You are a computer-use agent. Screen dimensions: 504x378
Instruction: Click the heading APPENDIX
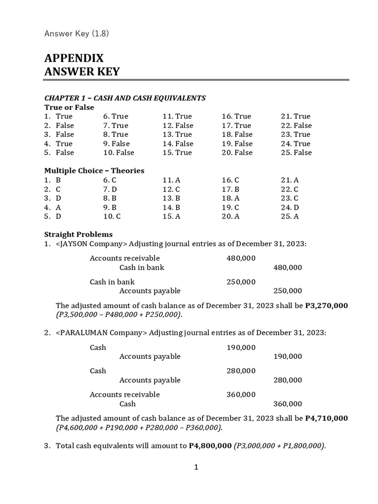(74, 58)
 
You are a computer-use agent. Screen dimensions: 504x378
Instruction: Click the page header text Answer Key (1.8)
(76, 33)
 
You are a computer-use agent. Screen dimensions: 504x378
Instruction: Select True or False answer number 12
(178, 126)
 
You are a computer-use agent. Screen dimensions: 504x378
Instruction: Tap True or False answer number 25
(296, 153)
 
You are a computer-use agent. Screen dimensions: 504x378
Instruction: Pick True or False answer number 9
(116, 144)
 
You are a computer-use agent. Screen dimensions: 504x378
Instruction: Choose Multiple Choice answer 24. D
(290, 207)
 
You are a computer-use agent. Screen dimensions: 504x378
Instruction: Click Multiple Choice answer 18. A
(230, 198)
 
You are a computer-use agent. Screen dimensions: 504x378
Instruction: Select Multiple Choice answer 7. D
(110, 189)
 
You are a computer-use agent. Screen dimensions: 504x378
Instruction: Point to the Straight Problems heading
(78, 234)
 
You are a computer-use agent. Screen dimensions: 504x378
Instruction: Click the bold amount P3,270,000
(326, 306)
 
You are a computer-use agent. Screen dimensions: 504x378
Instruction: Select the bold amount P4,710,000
(326, 418)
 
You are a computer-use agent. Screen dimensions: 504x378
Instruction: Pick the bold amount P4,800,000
(210, 446)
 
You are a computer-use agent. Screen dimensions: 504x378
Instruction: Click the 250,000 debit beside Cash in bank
(241, 282)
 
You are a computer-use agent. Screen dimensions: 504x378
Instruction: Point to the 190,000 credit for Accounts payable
(287, 356)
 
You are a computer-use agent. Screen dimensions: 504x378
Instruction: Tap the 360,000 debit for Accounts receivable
(241, 395)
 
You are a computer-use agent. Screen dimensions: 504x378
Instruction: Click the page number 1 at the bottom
(196, 468)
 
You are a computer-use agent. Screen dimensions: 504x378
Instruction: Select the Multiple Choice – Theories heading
(94, 171)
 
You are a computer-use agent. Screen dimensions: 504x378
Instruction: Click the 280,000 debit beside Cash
(241, 371)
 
